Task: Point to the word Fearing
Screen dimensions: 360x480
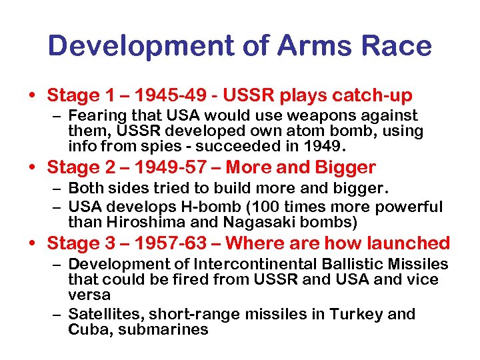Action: coord(101,117)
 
